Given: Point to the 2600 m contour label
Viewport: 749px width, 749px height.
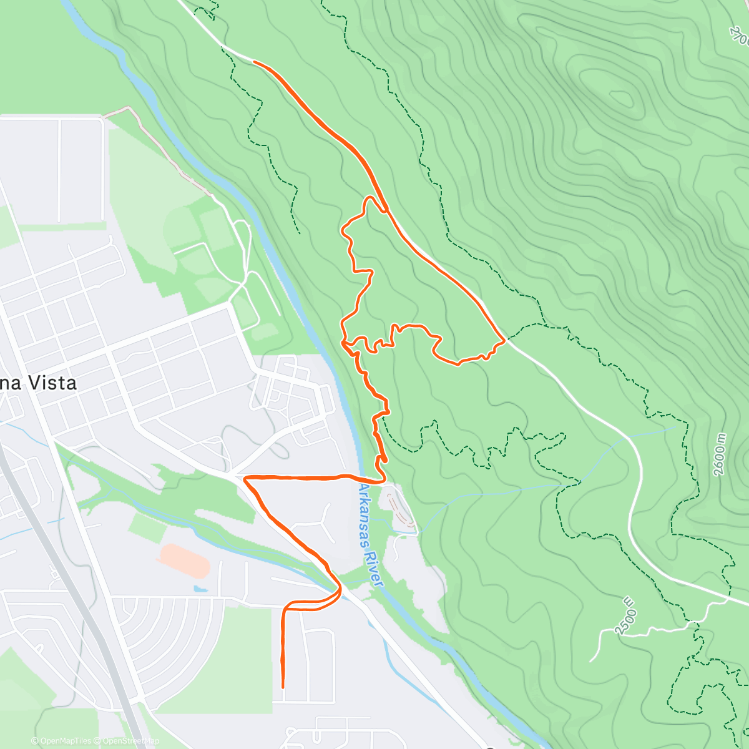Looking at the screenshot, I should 721,454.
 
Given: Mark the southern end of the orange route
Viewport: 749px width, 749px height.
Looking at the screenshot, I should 283,687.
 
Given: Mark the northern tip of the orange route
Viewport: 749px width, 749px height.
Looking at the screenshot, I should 254,61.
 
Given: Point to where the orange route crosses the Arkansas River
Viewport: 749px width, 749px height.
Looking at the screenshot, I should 362,479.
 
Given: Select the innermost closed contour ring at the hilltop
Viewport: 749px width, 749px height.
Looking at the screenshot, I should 620,97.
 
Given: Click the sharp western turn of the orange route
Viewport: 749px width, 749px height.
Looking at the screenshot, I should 245,478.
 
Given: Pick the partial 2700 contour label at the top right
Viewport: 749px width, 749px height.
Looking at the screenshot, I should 739,34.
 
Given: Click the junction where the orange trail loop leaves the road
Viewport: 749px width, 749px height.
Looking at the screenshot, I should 386,210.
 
